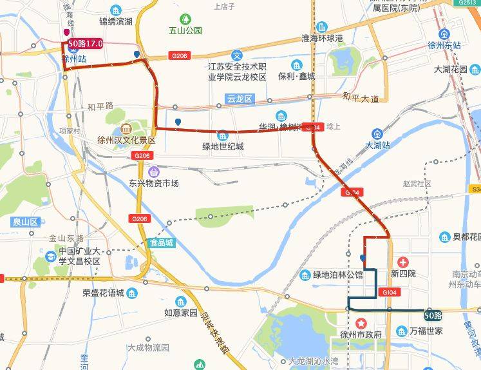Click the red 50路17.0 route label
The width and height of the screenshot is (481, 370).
click(86, 44)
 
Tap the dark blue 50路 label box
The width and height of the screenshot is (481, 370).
click(433, 315)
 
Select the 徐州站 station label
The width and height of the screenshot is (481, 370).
click(74, 58)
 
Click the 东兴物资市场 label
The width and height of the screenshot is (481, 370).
click(153, 183)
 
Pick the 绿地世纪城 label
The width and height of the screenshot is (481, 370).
click(223, 146)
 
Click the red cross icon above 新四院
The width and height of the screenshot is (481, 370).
click(404, 262)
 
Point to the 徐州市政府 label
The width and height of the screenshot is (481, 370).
click(361, 335)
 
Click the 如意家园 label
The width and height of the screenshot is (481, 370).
click(180, 313)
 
